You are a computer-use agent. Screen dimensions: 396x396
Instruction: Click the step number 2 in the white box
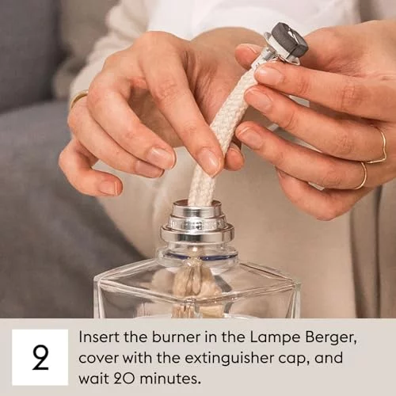coord(40,358)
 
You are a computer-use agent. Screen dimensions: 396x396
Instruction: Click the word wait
coord(92,379)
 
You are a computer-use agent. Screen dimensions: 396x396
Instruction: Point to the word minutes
coord(169,379)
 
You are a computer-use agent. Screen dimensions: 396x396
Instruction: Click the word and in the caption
coord(329,358)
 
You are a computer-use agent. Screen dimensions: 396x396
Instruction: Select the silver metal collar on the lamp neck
coord(197,224)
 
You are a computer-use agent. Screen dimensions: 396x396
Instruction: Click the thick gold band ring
coord(78,97)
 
